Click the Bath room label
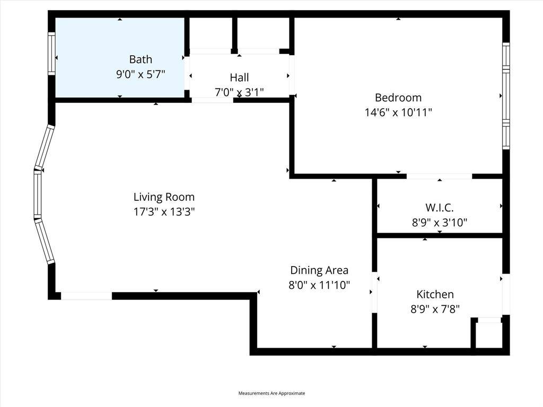click(x=141, y=59)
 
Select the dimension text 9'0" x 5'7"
click(x=141, y=74)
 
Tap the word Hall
click(x=239, y=77)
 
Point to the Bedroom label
click(x=398, y=98)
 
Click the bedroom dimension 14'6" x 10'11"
click(x=398, y=112)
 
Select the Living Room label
click(x=164, y=197)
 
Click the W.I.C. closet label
click(x=440, y=208)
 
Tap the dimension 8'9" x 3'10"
click(x=440, y=223)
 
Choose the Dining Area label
click(x=319, y=270)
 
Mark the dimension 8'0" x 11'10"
click(x=319, y=285)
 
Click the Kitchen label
click(x=435, y=294)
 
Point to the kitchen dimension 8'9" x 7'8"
click(x=435, y=309)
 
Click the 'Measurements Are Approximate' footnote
click(x=271, y=393)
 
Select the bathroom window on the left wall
click(x=51, y=53)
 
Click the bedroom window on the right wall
click(x=506, y=96)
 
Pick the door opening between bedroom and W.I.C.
click(x=439, y=176)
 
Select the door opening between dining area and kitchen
click(x=374, y=292)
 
